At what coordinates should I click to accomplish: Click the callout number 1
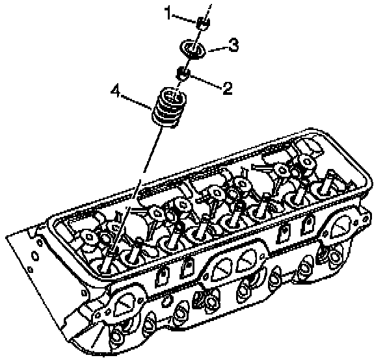tap(168, 13)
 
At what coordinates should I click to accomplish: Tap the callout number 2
tap(228, 88)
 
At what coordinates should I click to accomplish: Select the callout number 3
tap(233, 45)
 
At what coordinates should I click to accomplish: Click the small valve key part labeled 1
tap(203, 23)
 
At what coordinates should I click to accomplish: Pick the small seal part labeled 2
tap(183, 73)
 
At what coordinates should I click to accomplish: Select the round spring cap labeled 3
tap(192, 49)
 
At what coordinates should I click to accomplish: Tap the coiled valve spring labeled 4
tap(168, 108)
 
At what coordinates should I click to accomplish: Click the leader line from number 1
tap(184, 18)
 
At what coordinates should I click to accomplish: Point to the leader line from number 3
tap(218, 49)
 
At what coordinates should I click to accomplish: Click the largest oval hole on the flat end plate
tap(35, 256)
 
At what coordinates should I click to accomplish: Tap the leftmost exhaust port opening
tap(125, 305)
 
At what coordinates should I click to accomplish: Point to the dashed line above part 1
tap(207, 11)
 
